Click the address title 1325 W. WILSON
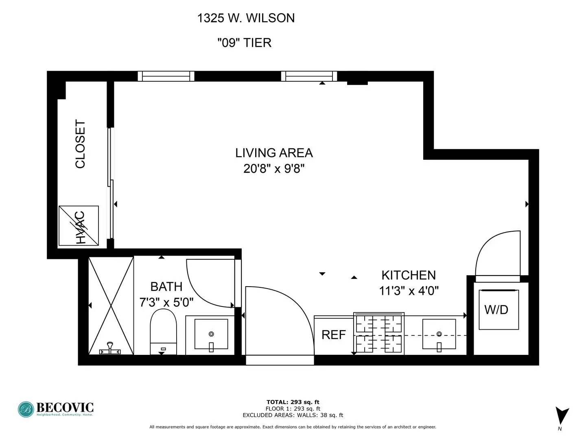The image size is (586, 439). click(246, 18)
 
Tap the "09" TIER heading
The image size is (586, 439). click(245, 43)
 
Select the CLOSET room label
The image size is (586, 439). click(80, 144)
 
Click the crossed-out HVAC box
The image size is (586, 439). click(79, 226)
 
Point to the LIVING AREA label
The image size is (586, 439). click(274, 153)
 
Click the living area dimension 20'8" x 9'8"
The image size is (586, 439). click(274, 168)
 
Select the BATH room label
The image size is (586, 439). click(166, 287)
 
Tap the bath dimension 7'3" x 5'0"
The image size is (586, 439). click(166, 302)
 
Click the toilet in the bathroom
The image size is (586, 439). click(163, 332)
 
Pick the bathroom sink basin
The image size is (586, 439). click(211, 334)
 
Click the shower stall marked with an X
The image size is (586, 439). click(111, 306)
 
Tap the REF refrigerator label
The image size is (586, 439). click(333, 335)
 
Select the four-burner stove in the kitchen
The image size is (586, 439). click(379, 333)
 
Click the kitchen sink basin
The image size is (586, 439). click(439, 334)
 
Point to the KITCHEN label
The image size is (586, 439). click(409, 275)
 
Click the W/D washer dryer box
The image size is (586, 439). click(499, 309)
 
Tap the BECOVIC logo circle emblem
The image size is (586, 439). click(26, 409)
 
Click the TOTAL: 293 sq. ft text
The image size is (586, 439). click(293, 402)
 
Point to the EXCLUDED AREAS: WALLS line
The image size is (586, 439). click(293, 415)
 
